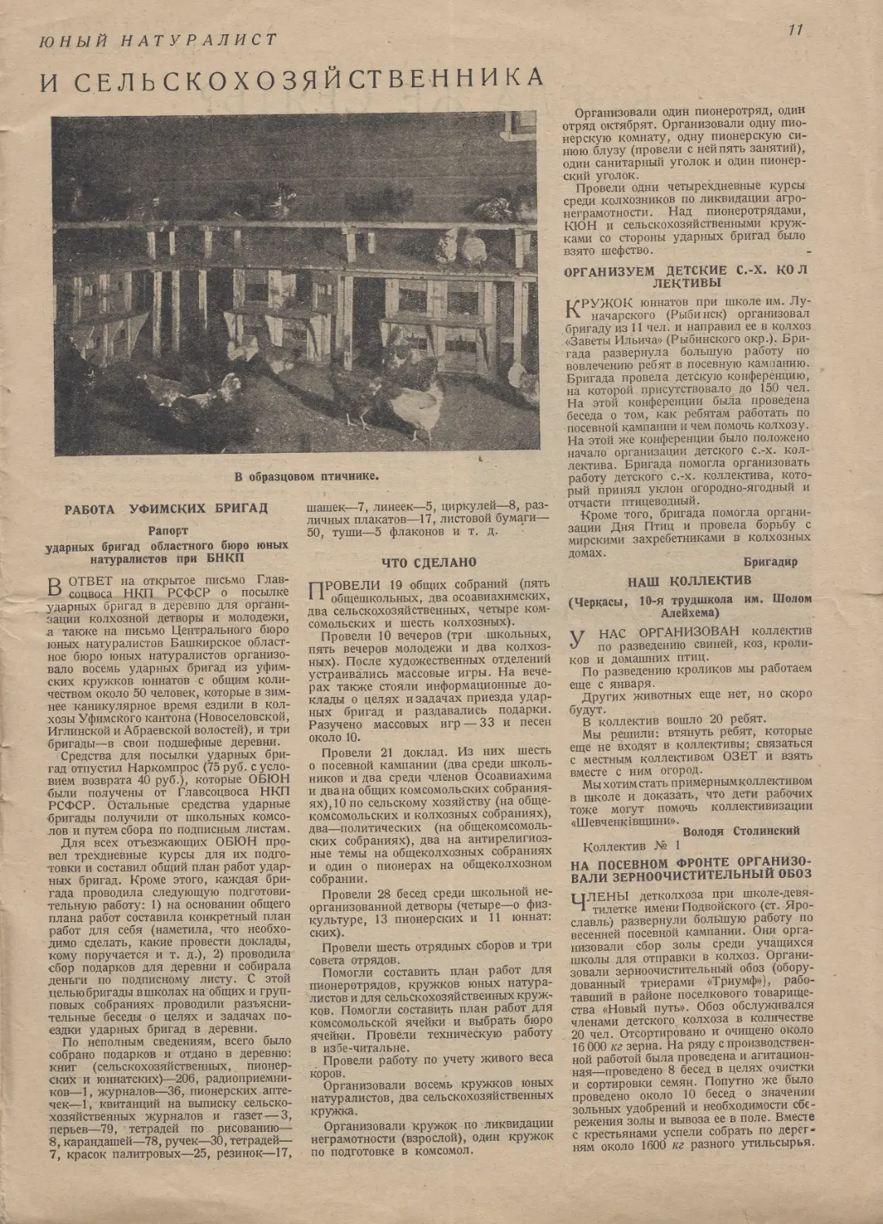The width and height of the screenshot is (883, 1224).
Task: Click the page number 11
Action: coord(796,29)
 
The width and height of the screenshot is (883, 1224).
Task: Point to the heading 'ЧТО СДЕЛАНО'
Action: coord(428,562)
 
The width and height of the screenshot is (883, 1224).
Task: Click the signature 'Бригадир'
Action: coord(770,561)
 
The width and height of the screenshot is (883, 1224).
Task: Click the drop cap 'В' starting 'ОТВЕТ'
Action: coord(56,586)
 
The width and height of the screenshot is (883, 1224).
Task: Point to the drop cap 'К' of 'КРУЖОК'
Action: coord(575,308)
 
